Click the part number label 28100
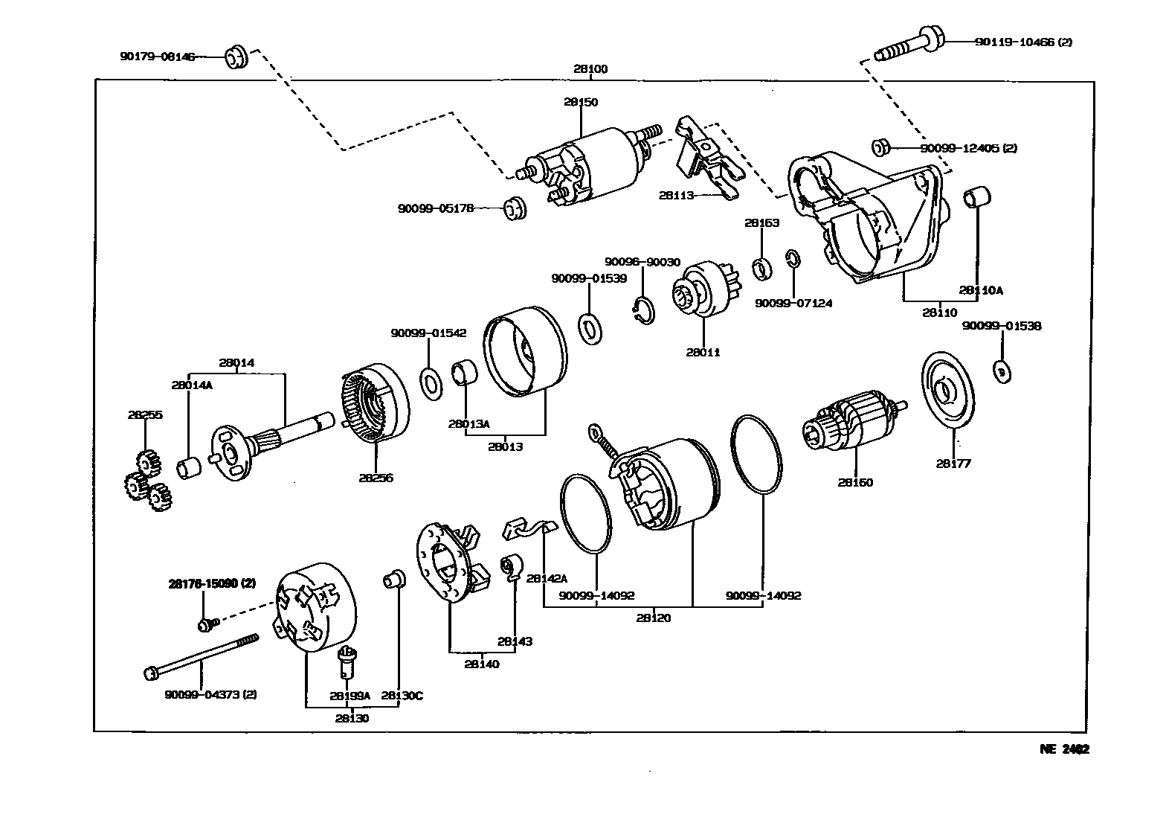590,69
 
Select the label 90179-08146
158,56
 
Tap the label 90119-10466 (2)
1023,42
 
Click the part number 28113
676,195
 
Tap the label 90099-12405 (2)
968,148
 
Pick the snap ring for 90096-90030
644,310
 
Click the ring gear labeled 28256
376,406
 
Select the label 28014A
191,385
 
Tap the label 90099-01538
1002,326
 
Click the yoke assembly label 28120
654,618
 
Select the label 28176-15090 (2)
212,583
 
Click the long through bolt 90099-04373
201,656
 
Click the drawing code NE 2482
1064,749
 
